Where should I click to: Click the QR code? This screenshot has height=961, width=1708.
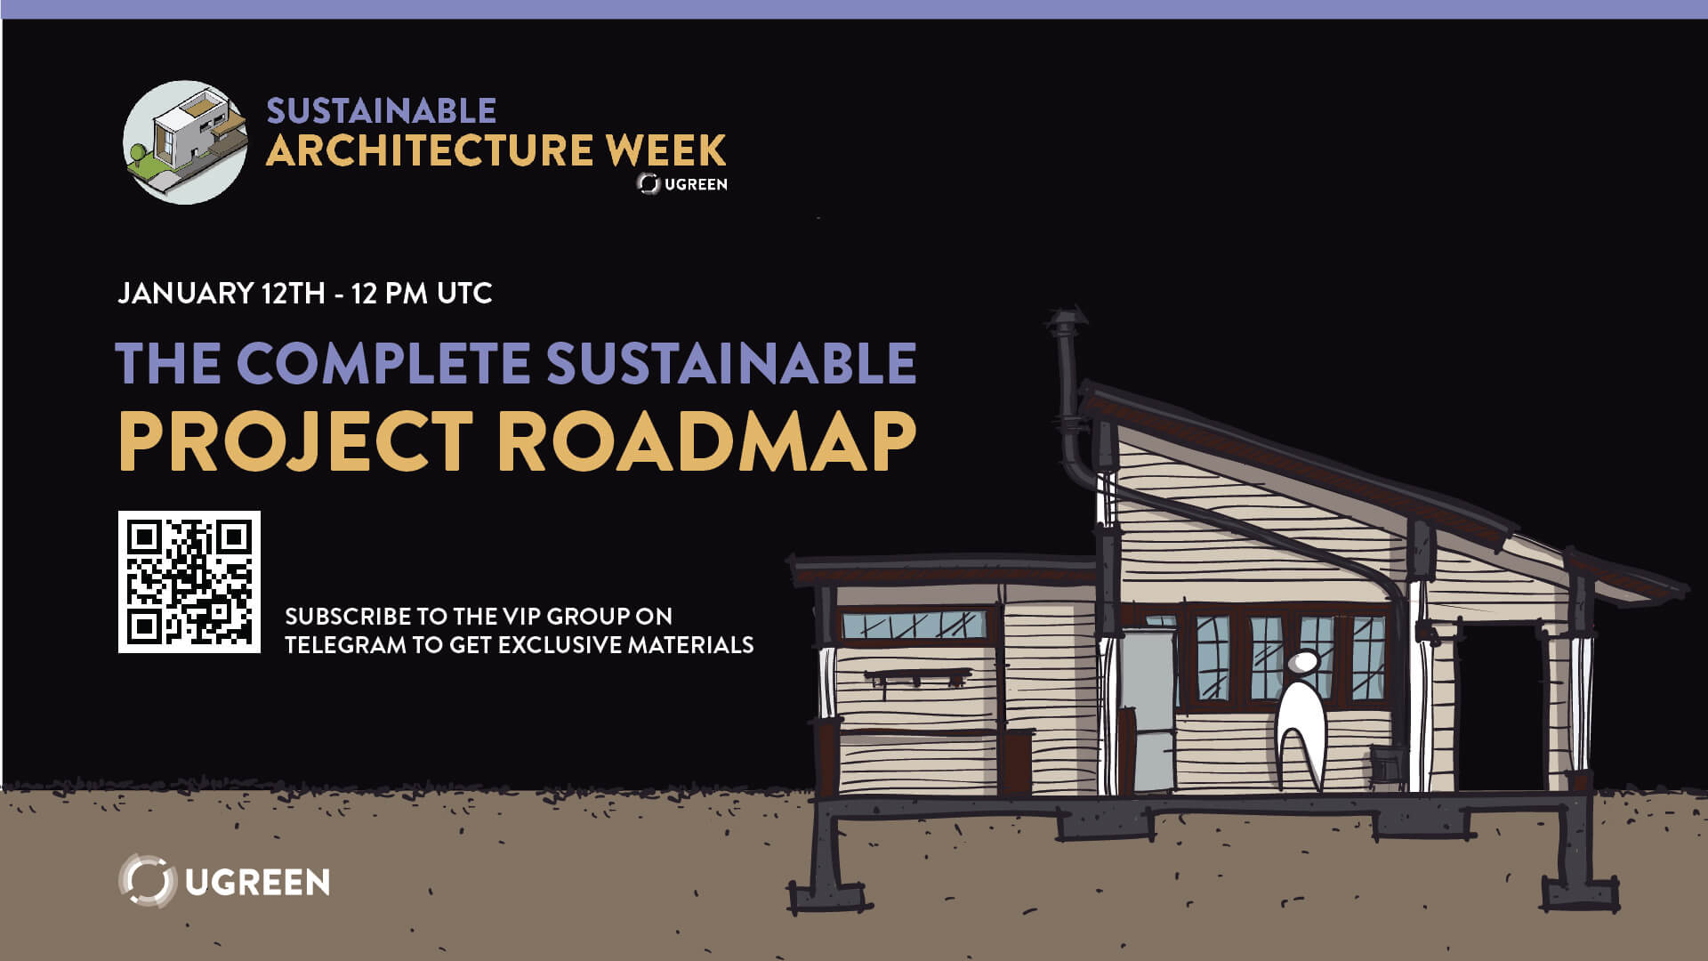tap(189, 582)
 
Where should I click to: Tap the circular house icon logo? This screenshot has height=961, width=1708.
tap(185, 142)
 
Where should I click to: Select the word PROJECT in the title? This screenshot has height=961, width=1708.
tap(294, 442)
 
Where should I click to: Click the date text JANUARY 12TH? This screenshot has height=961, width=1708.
tap(222, 294)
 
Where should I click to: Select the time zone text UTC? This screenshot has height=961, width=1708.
tap(464, 294)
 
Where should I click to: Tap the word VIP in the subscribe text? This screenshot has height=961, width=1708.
tap(520, 616)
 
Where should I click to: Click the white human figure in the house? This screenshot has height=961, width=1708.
tap(1301, 721)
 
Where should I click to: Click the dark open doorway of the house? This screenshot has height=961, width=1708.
tap(1501, 707)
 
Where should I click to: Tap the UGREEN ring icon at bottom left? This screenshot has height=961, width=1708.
tap(147, 881)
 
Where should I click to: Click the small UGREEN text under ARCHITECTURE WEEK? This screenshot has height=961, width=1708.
tap(696, 184)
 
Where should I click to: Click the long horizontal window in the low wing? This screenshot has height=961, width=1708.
tap(914, 625)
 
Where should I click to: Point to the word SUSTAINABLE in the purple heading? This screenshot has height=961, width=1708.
tap(731, 363)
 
